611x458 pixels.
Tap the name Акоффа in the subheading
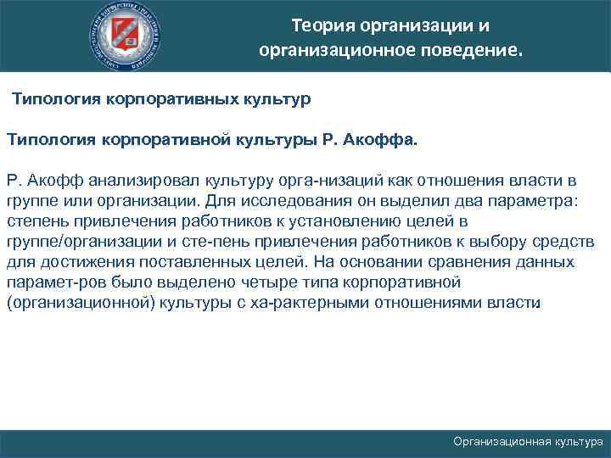click(x=384, y=139)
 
